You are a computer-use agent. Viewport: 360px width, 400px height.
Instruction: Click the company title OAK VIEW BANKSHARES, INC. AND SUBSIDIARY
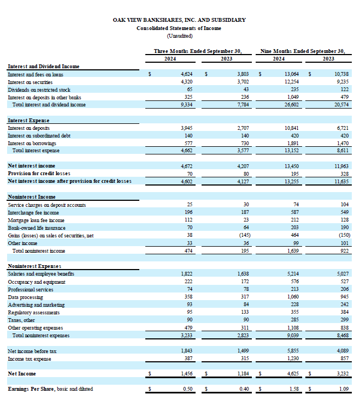coord(179,20)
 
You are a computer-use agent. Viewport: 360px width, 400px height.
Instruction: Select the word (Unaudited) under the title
coord(180,36)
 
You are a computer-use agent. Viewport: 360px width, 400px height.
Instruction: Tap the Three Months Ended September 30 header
coord(198,51)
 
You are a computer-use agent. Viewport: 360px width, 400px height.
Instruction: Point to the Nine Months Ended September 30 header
coord(303,51)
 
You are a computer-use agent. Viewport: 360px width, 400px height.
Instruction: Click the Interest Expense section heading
coord(28,121)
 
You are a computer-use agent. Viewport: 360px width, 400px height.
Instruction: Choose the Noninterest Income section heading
coord(32,197)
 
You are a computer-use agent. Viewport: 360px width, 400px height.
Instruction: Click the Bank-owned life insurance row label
coord(37,228)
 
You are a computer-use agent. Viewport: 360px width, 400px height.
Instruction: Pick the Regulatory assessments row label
coord(34,313)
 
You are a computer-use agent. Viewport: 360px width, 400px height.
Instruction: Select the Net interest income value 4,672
coord(187,166)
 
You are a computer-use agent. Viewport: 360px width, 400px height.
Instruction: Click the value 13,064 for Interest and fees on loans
coord(292,74)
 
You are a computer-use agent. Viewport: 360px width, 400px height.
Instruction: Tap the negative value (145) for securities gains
coord(245,235)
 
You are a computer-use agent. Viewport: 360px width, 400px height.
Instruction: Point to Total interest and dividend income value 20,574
coord(341,105)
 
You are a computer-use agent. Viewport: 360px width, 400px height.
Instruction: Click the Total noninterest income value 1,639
coord(293,251)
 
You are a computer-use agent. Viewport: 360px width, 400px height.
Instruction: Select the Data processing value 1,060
coord(293,297)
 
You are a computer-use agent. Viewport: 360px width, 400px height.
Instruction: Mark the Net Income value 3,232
coord(343,374)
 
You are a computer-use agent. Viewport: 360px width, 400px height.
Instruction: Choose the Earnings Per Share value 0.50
coord(188,389)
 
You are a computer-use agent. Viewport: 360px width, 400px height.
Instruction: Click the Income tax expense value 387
coord(188,359)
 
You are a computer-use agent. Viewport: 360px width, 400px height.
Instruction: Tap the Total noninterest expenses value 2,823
coord(243,336)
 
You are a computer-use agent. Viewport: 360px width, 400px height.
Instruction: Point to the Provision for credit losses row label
coord(39,174)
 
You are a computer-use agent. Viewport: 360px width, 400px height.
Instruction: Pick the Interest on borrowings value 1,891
coord(293,143)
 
